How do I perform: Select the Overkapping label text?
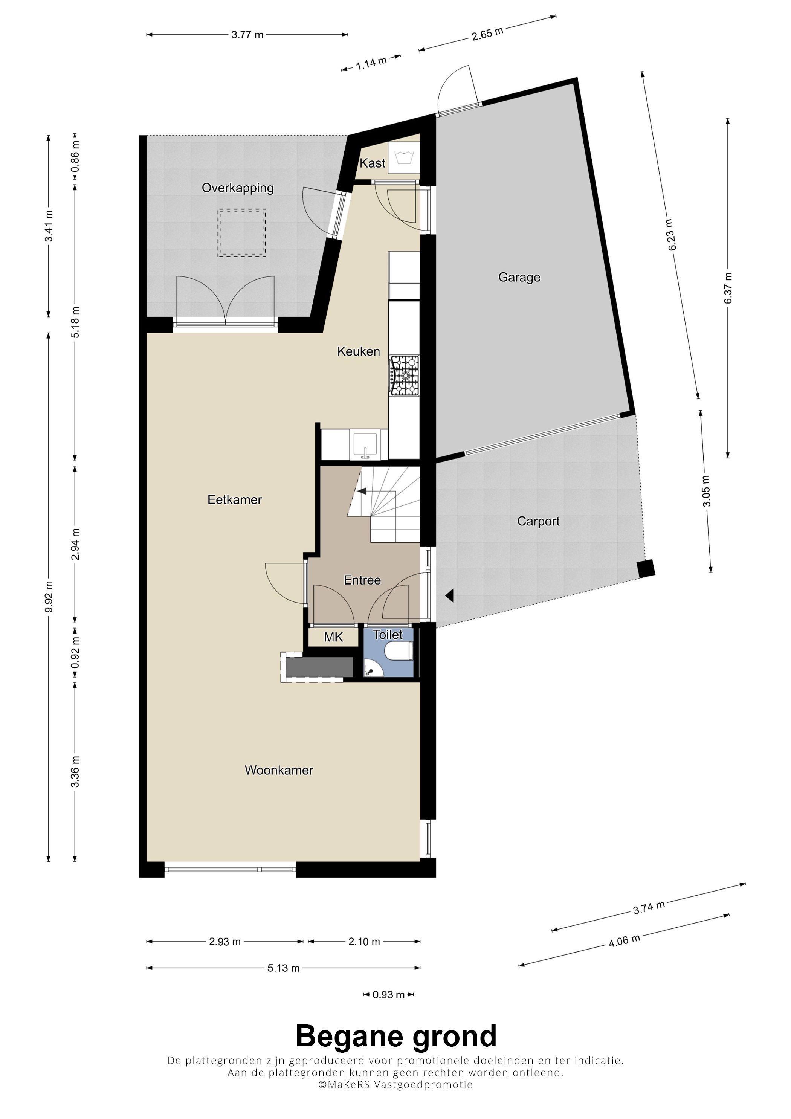tap(237, 188)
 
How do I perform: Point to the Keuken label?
tap(358, 351)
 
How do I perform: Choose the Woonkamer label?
tap(279, 770)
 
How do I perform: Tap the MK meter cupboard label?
tap(333, 637)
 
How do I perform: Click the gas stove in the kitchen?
tap(404, 375)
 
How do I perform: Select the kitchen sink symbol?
tap(365, 444)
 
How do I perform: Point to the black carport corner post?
tap(646, 569)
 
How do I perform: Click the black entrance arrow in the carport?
tap(449, 595)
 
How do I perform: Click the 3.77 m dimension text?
tap(247, 35)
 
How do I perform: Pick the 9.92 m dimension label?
tap(49, 597)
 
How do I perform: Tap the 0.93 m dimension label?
tap(388, 995)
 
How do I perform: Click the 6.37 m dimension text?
tap(728, 288)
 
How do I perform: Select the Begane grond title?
tap(396, 1036)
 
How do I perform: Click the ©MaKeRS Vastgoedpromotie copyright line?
tap(395, 1084)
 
